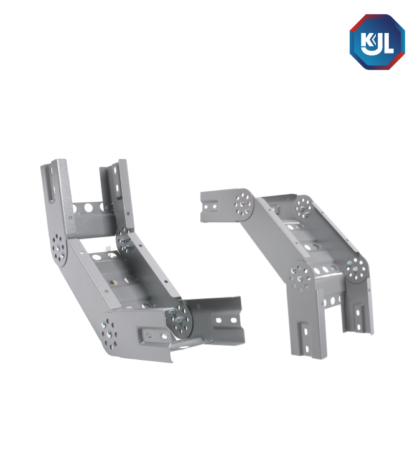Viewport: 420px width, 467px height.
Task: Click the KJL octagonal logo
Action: [377, 42]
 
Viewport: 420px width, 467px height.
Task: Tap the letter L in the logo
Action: [388, 43]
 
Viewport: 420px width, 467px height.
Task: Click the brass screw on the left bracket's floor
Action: [113, 281]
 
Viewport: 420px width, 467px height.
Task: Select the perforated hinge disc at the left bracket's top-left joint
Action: [58, 248]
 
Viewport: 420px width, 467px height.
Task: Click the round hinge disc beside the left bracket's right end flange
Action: [179, 319]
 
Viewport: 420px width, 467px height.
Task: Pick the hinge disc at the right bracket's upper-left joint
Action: [243, 204]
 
